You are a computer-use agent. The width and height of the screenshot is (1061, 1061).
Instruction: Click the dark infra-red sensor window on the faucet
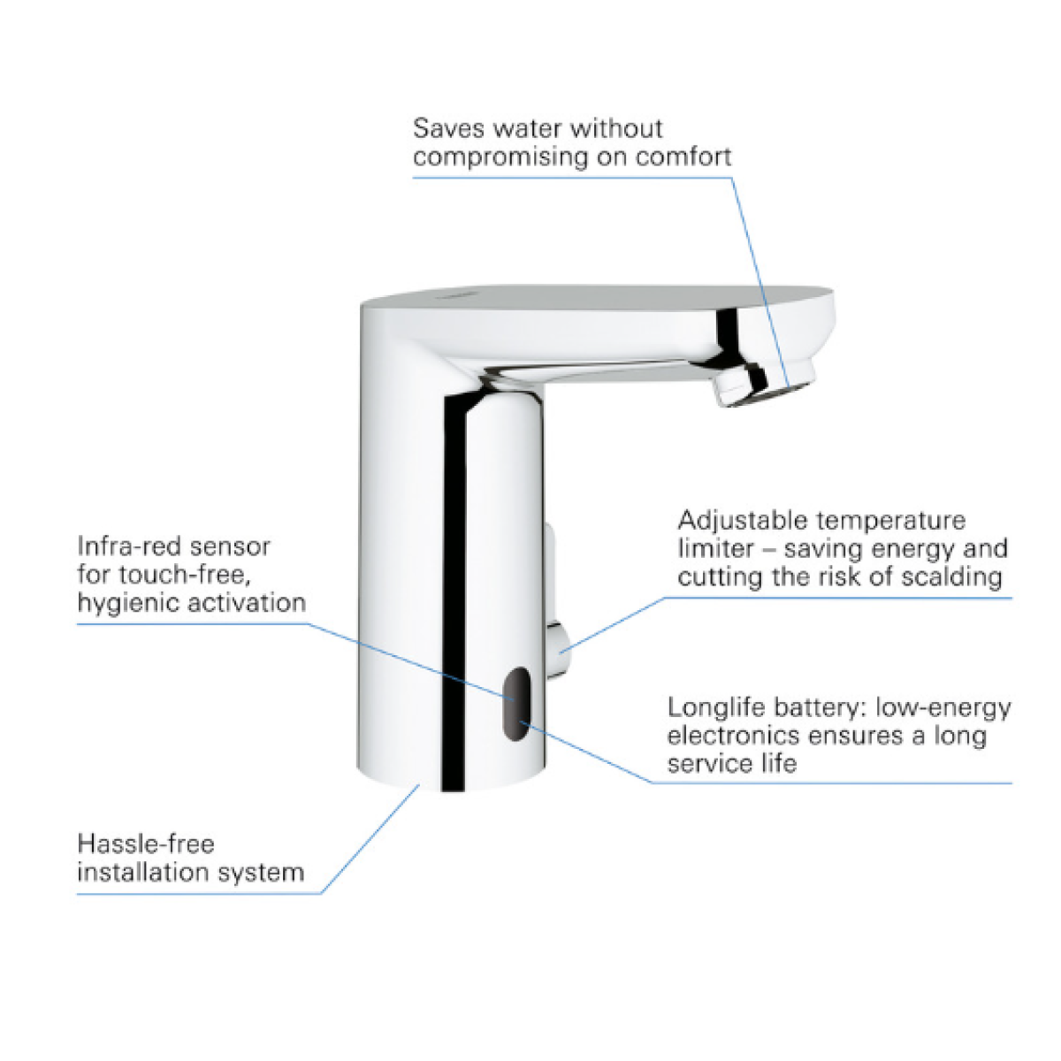pyautogui.click(x=515, y=704)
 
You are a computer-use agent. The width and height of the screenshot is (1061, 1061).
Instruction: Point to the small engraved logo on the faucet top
pyautogui.click(x=450, y=296)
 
